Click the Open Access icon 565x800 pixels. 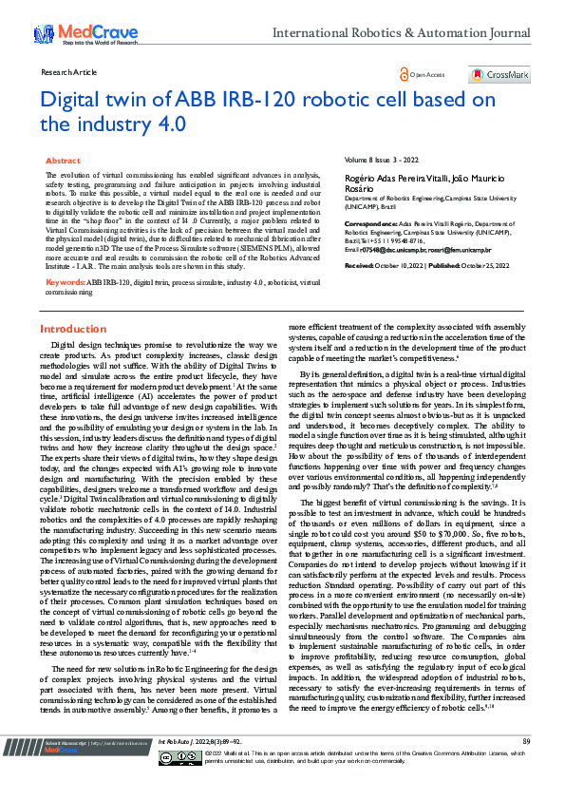point(405,73)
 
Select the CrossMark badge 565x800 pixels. point(499,73)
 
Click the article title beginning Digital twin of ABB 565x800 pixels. point(266,110)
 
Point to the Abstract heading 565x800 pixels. point(63,162)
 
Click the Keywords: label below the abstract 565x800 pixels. point(66,256)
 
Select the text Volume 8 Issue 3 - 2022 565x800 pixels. point(381,162)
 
